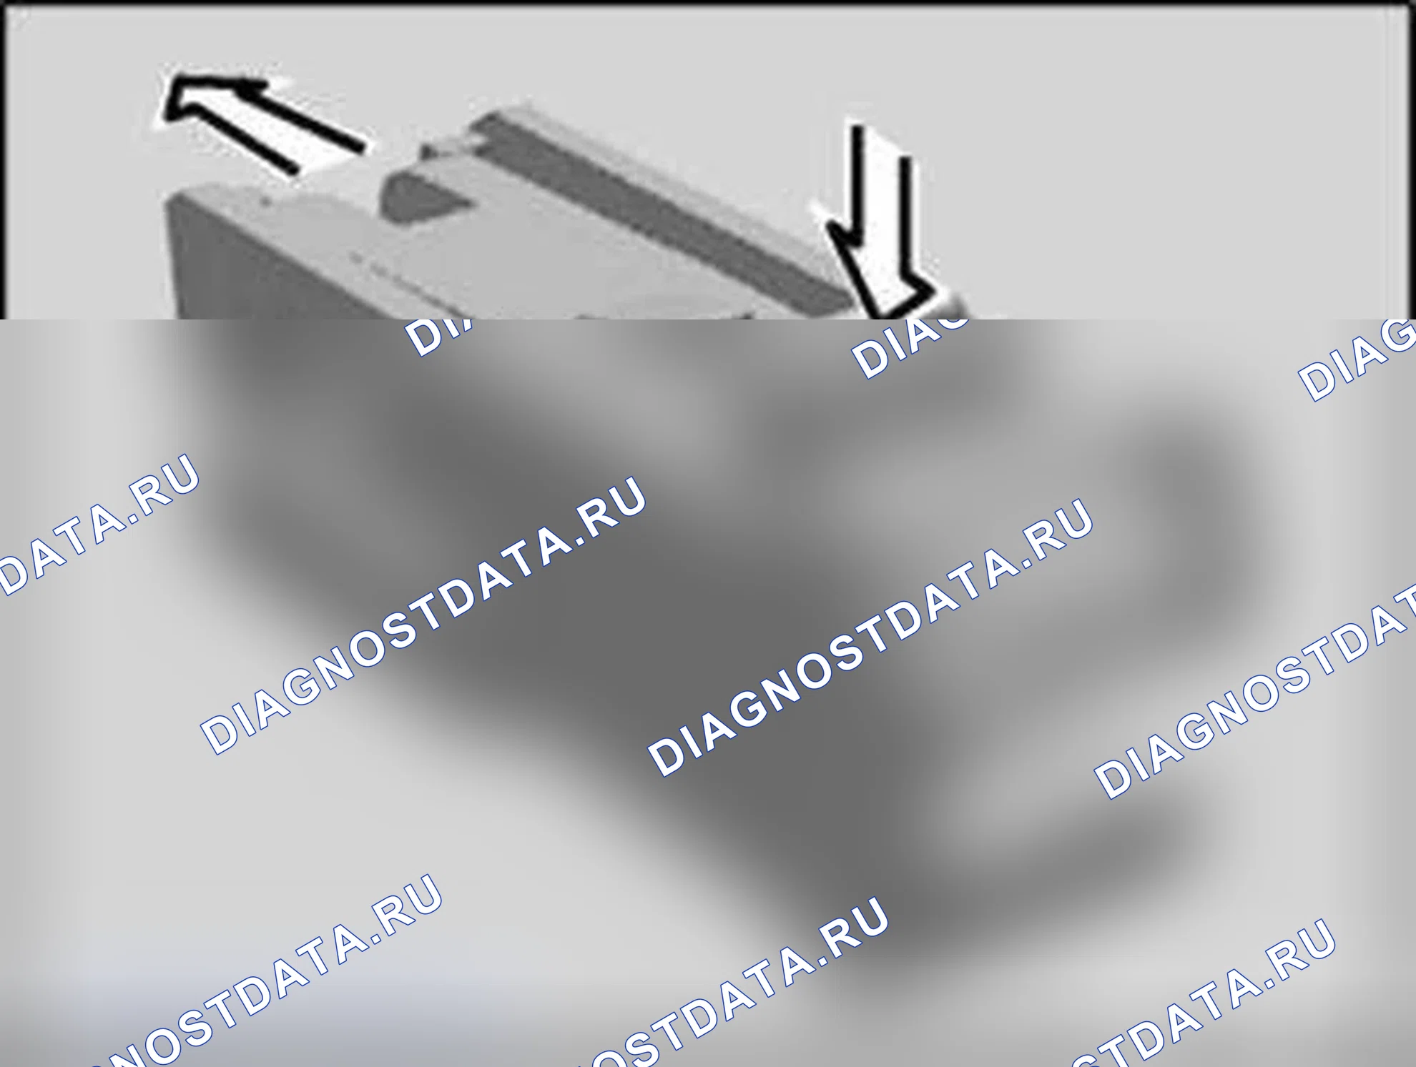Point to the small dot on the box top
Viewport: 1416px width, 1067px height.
[x=265, y=202]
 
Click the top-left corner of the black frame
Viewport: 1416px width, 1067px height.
[x=6, y=6]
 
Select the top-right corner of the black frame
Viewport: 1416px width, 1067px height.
[x=1407, y=6]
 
